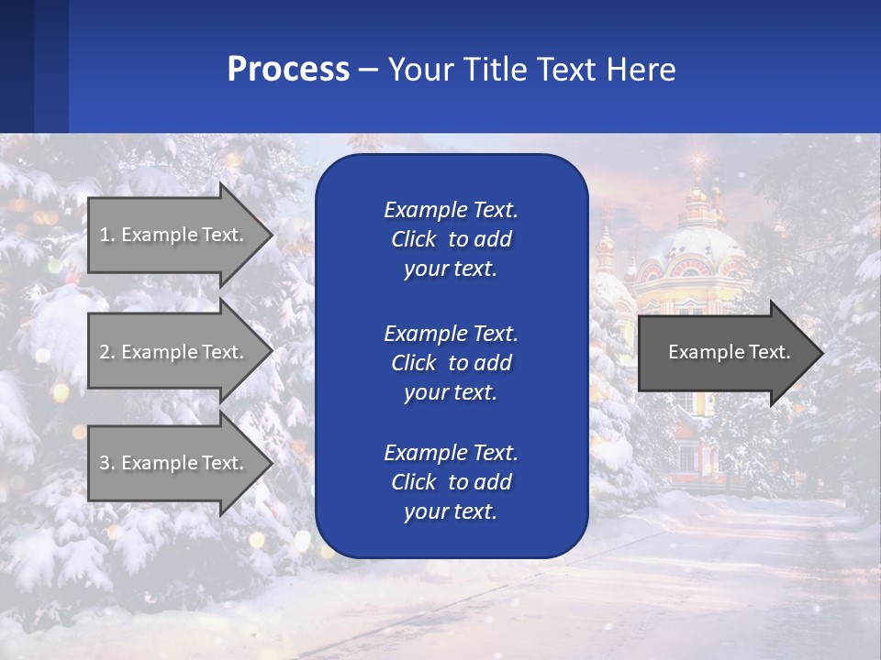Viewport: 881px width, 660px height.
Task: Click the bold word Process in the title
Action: point(288,70)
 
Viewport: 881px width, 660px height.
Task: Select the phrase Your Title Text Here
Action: point(531,70)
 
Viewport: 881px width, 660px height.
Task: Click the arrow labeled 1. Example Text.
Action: point(174,235)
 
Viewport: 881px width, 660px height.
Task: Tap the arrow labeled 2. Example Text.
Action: point(174,352)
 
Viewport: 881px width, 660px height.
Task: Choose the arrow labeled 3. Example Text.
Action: point(174,463)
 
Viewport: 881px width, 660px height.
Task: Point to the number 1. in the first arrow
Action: point(106,235)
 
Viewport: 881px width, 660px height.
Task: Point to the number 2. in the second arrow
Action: point(106,352)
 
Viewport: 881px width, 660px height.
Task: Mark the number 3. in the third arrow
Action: point(106,463)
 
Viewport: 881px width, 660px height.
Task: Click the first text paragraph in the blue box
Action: point(451,239)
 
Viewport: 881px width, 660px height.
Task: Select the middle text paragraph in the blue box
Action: point(451,363)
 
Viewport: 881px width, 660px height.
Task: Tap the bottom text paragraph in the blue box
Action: point(451,482)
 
